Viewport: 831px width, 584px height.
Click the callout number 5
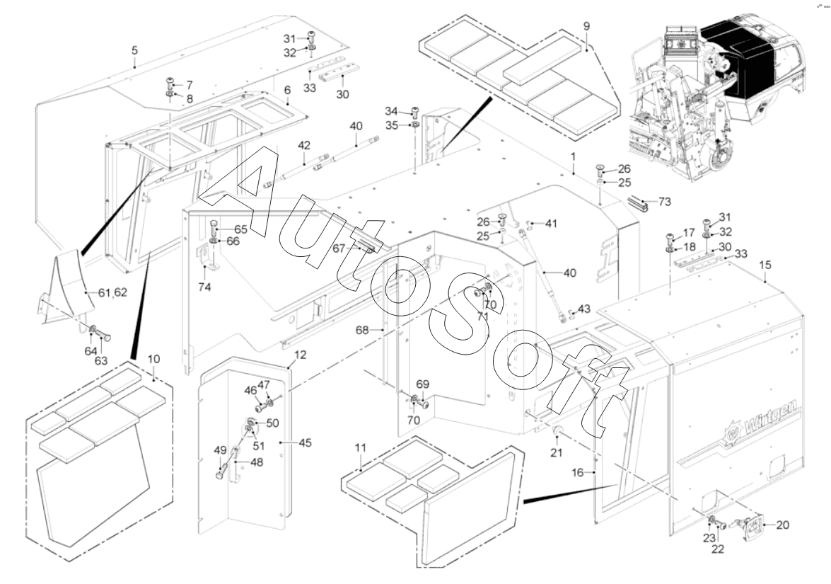(134, 50)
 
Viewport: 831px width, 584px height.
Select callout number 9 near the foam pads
(586, 26)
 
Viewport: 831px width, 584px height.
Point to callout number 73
(665, 202)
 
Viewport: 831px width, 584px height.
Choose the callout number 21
(556, 452)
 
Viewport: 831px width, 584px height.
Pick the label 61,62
(113, 292)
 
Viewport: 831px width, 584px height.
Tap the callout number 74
(204, 287)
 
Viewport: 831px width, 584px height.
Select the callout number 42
(303, 145)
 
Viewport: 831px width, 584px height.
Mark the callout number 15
(765, 265)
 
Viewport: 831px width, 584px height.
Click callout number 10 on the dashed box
(153, 359)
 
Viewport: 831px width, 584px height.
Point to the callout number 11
(361, 447)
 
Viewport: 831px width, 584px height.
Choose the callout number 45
(306, 442)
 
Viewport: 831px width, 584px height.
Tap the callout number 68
(362, 330)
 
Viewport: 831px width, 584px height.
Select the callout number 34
(391, 111)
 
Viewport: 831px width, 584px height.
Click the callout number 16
(578, 472)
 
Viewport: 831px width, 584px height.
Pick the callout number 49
(220, 450)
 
